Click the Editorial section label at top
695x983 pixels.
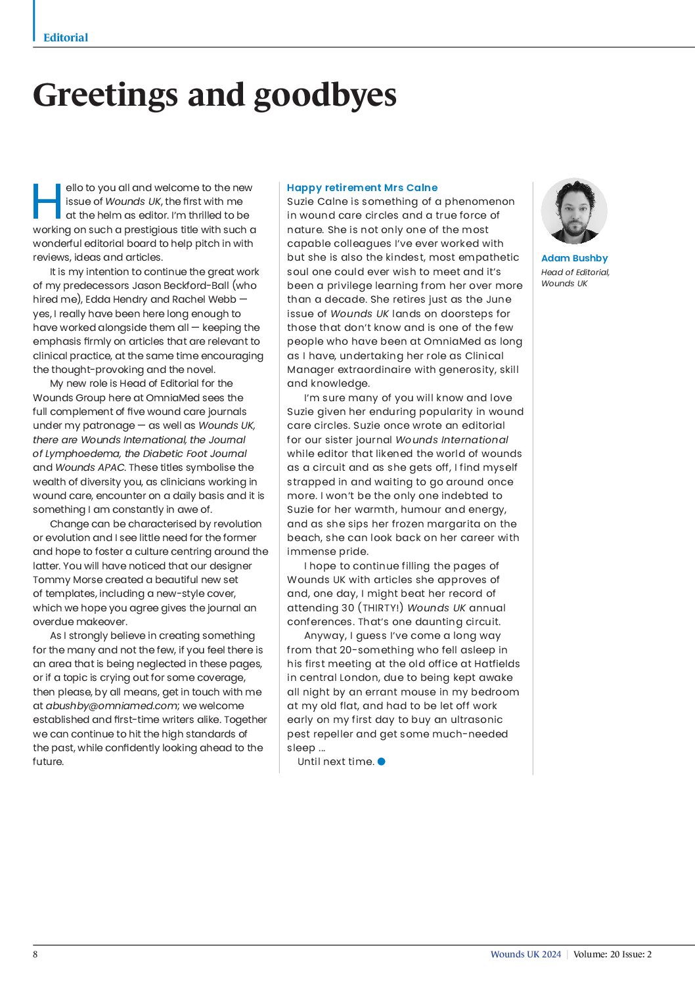pyautogui.click(x=66, y=37)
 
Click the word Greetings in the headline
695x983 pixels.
pyautogui.click(x=105, y=95)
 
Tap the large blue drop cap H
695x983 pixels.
pyautogui.click(x=47, y=201)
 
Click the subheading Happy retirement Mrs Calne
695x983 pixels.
pyautogui.click(x=362, y=187)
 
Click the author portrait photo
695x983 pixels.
pyautogui.click(x=574, y=211)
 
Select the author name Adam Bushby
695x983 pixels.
pyautogui.click(x=574, y=258)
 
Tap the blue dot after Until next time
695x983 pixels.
pyautogui.click(x=382, y=762)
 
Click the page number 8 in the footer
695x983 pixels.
pyautogui.click(x=35, y=954)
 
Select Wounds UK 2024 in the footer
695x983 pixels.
pyautogui.click(x=526, y=954)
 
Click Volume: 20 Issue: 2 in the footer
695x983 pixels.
pyautogui.click(x=612, y=954)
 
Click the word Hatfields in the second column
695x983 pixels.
pyautogui.click(x=497, y=664)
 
